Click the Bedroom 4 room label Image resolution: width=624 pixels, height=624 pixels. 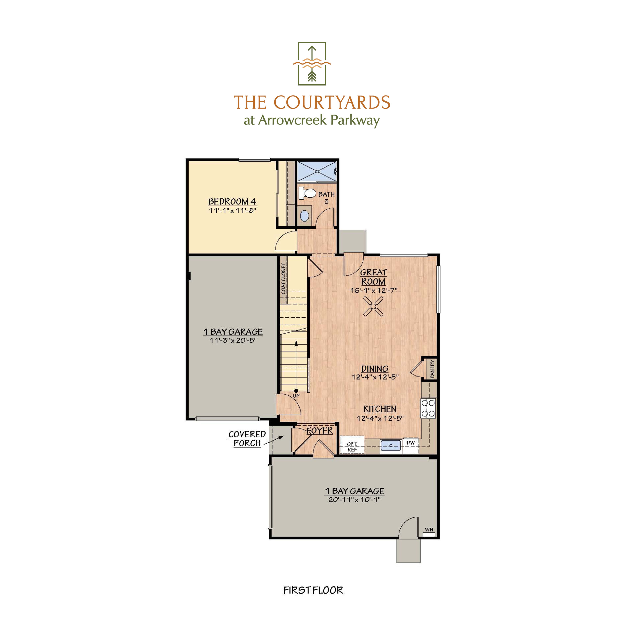[x=232, y=201]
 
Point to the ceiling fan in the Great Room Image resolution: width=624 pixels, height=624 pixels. [x=373, y=306]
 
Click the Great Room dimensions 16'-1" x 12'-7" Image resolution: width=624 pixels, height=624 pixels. [x=374, y=290]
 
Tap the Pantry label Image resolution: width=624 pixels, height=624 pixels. [x=432, y=369]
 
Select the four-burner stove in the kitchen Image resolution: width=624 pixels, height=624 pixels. [x=428, y=408]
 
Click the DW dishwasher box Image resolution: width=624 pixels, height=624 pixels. [x=410, y=443]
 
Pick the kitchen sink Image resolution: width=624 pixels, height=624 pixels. [x=391, y=446]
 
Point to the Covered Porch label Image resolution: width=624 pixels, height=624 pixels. [x=247, y=439]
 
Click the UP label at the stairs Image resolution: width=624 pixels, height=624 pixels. [x=296, y=396]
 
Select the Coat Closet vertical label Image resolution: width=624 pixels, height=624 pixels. [x=283, y=278]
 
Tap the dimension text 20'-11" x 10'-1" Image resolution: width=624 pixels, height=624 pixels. [x=354, y=500]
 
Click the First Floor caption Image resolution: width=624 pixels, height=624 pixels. [x=313, y=590]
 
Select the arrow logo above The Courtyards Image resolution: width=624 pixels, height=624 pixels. [x=312, y=63]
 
